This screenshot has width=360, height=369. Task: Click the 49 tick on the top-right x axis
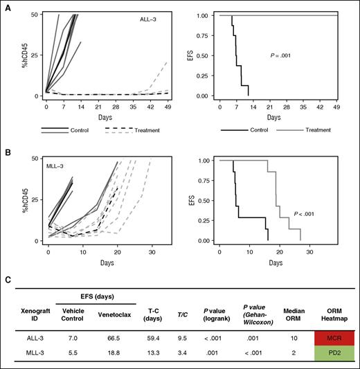pos(336,107)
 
